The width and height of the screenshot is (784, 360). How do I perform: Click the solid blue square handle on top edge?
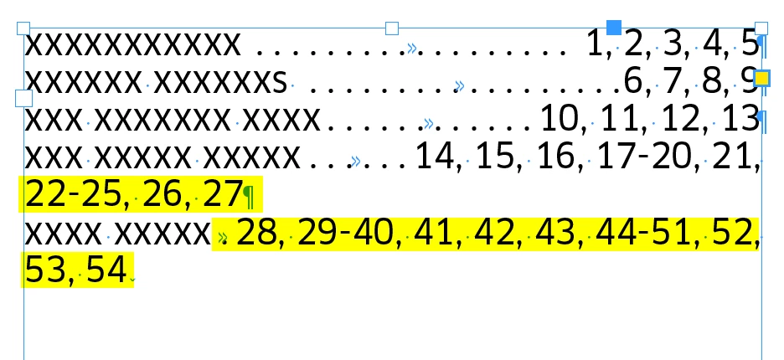point(613,28)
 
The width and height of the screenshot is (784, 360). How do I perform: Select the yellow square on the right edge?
point(761,79)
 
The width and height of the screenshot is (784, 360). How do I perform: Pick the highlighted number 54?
point(106,270)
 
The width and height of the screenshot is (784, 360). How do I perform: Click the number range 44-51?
point(645,233)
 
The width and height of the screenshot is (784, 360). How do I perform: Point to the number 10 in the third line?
point(560,119)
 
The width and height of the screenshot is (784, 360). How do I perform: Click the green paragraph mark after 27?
point(249,197)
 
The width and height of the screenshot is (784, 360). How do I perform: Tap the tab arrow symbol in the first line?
point(411,48)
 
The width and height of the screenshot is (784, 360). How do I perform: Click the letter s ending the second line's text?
point(280,83)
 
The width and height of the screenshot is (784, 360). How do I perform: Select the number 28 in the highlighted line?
point(255,233)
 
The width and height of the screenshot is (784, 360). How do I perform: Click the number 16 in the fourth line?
point(556,156)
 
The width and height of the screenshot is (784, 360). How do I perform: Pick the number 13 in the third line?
point(741,119)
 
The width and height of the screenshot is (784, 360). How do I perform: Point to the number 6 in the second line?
point(633,81)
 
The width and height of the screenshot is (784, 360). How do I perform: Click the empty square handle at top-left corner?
point(23,28)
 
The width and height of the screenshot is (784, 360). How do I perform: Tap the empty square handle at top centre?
point(392,28)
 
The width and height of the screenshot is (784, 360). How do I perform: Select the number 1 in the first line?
point(594,44)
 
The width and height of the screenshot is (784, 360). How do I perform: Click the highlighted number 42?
point(493,233)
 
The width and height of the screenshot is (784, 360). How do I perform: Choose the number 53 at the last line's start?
point(45,270)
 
